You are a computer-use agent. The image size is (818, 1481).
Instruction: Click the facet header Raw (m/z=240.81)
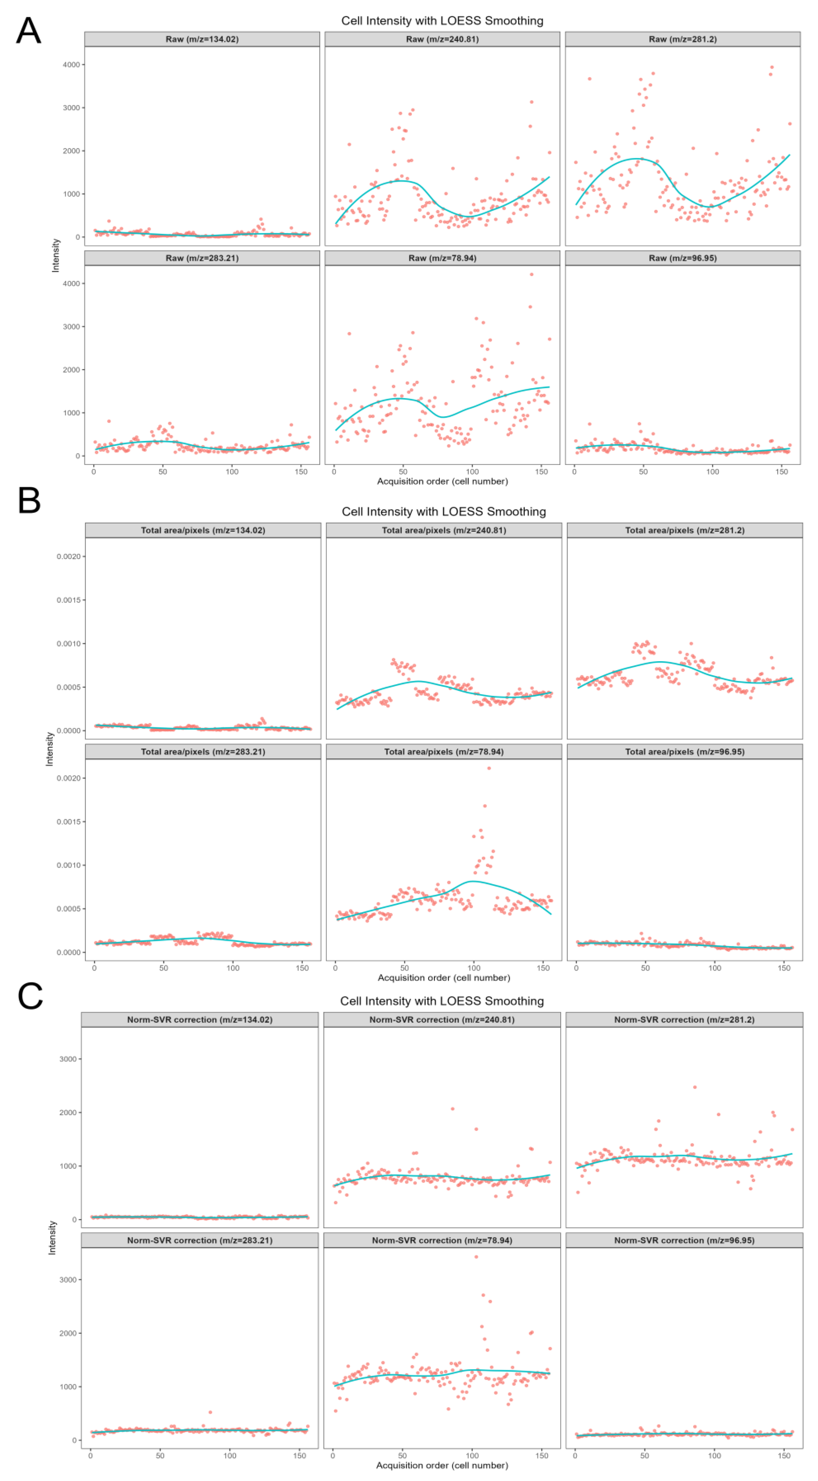pyautogui.click(x=442, y=39)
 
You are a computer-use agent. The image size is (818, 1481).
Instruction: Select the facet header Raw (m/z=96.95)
pyautogui.click(x=682, y=258)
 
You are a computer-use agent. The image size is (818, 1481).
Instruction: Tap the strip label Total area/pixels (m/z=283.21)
pyautogui.click(x=203, y=751)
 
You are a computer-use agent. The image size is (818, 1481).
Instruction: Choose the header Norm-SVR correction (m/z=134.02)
pyautogui.click(x=200, y=1019)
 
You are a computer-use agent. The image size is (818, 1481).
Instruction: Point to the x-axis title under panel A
pyautogui.click(x=442, y=481)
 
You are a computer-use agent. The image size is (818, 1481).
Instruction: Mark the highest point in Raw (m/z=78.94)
pyautogui.click(x=532, y=274)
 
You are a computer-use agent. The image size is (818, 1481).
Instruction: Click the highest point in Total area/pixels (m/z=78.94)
pyautogui.click(x=489, y=768)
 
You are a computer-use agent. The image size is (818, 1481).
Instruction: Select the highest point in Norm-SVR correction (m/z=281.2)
pyautogui.click(x=695, y=1087)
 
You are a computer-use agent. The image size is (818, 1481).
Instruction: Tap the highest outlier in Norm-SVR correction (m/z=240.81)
pyautogui.click(x=452, y=1109)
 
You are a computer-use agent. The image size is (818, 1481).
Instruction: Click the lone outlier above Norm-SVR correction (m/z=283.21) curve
pyautogui.click(x=210, y=1412)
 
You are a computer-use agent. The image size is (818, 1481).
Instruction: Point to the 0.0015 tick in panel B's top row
pyautogui.click(x=68, y=600)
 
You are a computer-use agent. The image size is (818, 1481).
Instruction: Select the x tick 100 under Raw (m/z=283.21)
pyautogui.click(x=232, y=471)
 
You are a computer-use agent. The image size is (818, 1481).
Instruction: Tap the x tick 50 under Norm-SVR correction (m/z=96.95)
pyautogui.click(x=644, y=1456)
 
